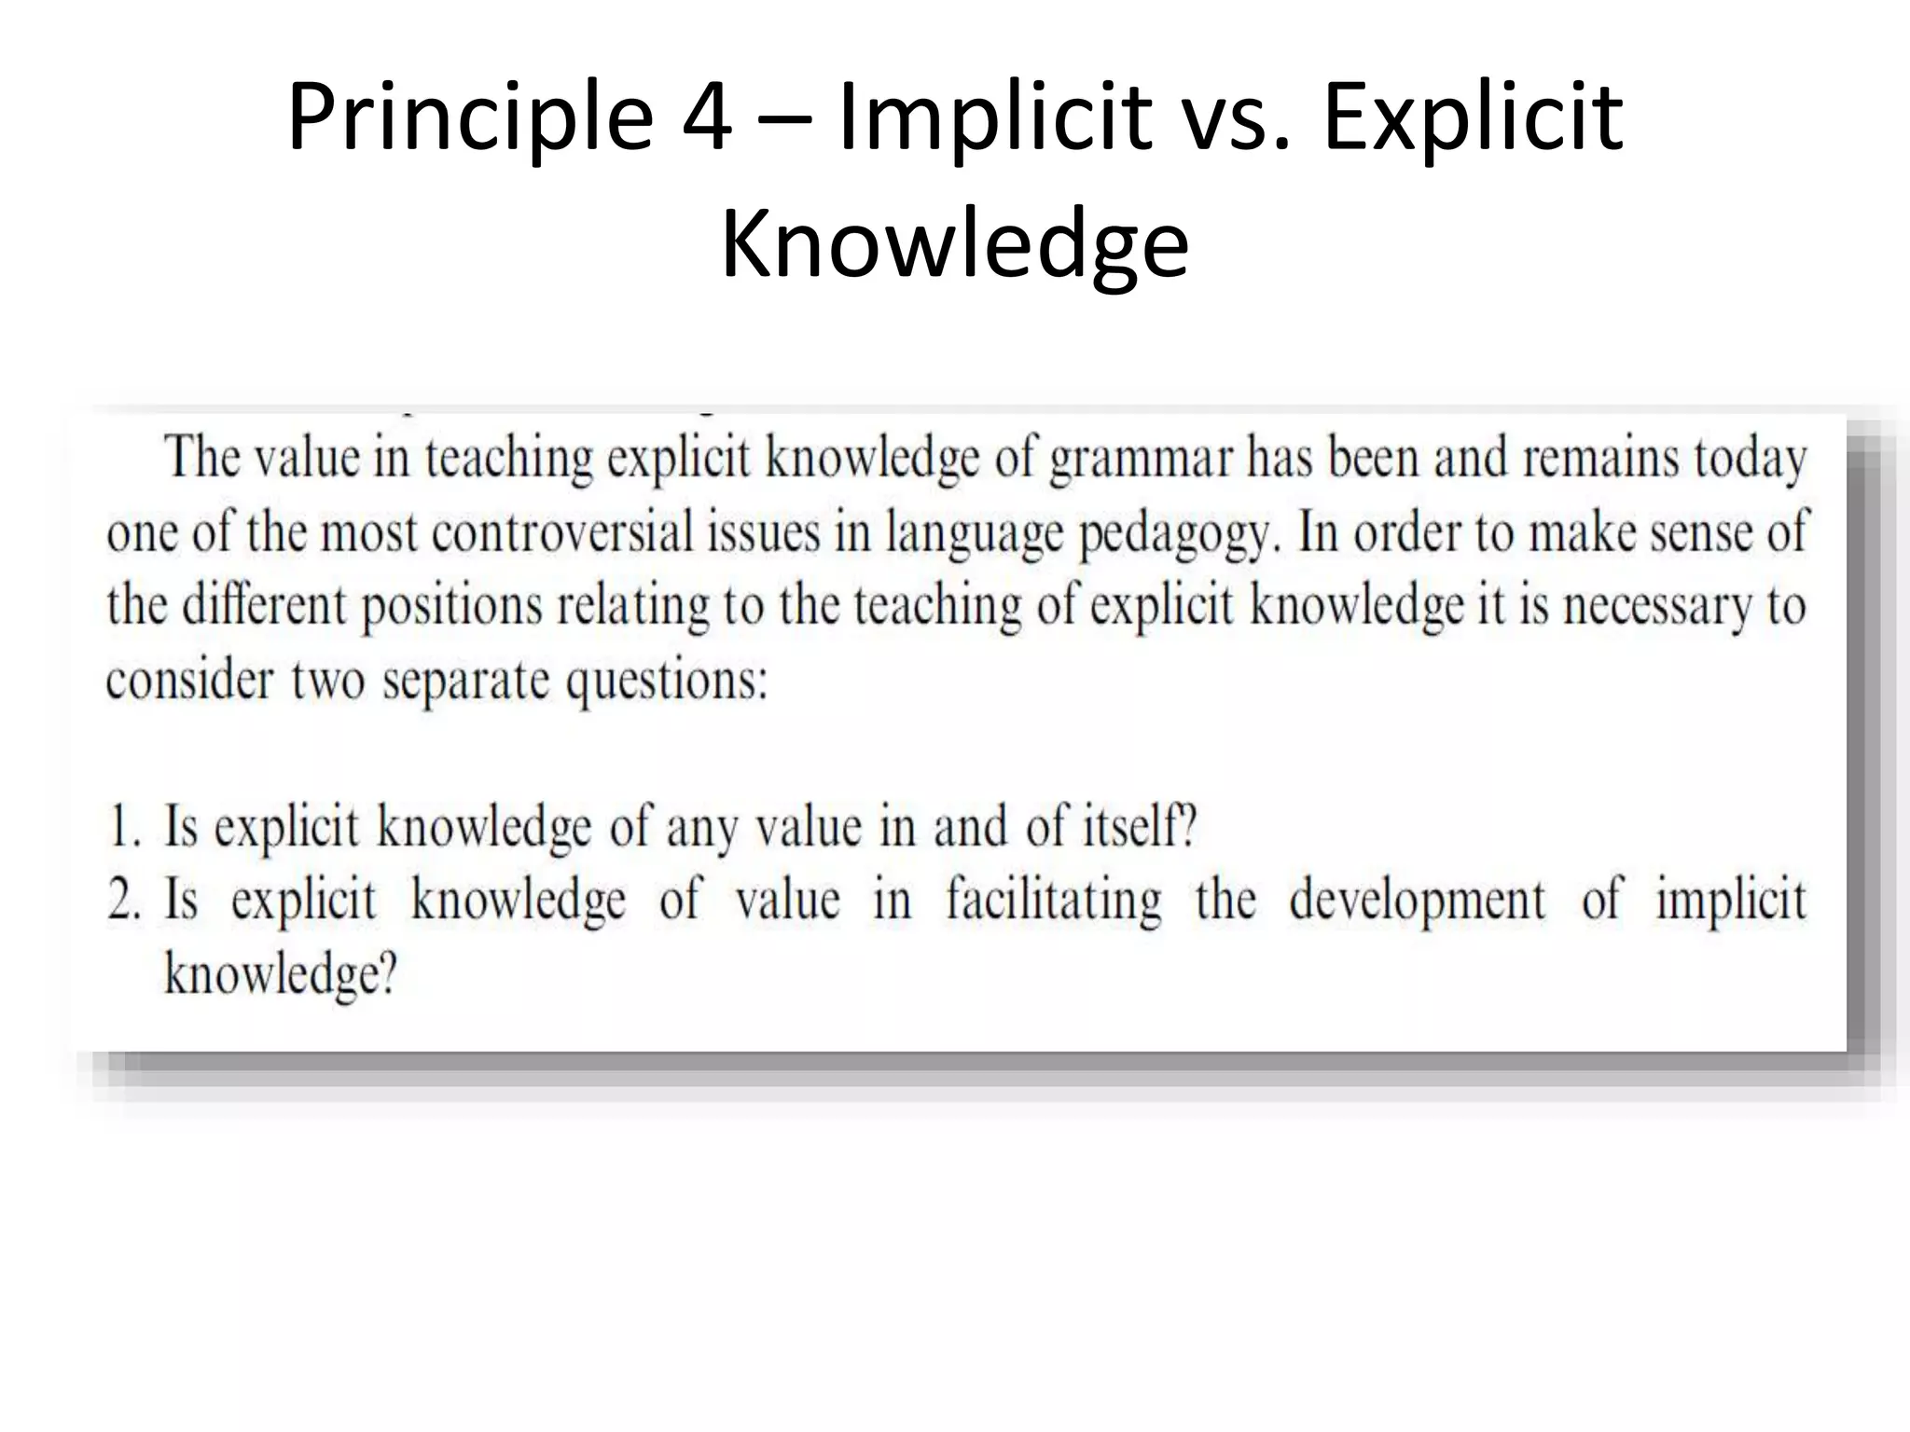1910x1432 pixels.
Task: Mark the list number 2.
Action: [x=123, y=901]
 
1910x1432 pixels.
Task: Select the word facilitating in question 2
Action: [x=1054, y=902]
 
